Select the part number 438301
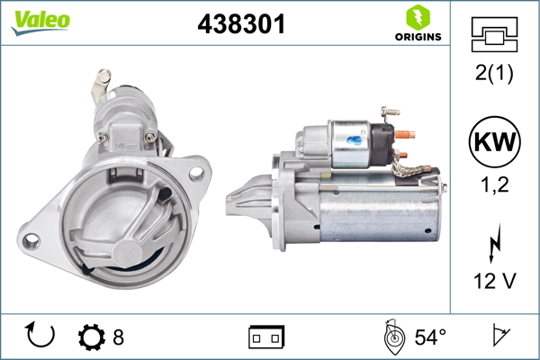pyautogui.click(x=241, y=25)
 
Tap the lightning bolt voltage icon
pyautogui.click(x=493, y=243)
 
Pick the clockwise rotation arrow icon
pyautogui.click(x=41, y=336)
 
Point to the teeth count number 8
pyautogui.click(x=119, y=337)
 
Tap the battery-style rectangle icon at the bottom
pyautogui.click(x=266, y=337)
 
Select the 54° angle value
pyautogui.click(x=429, y=337)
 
